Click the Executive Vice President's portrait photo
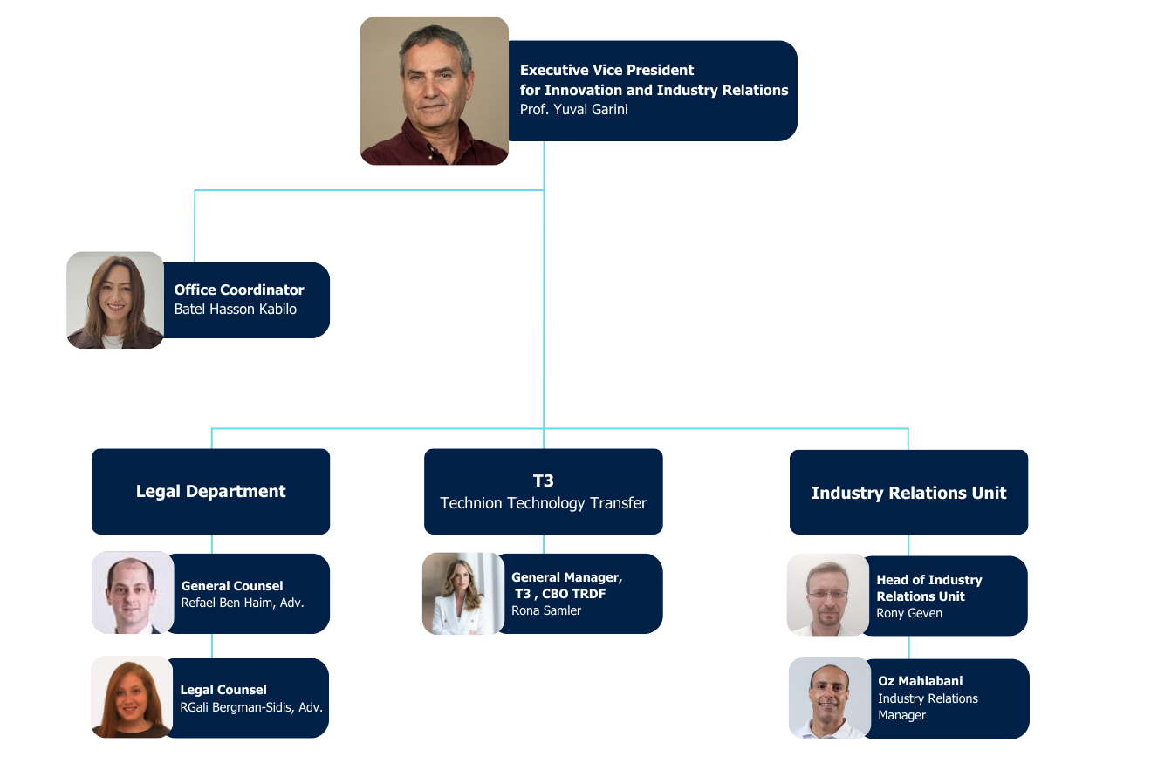(x=434, y=91)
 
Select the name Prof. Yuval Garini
(x=573, y=110)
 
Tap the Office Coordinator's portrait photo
(x=115, y=301)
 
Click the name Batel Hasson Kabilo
(x=236, y=309)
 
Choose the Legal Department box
(x=210, y=491)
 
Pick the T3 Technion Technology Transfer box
(x=543, y=491)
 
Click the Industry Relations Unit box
(x=908, y=493)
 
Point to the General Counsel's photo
(x=133, y=593)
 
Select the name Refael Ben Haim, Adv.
(x=243, y=603)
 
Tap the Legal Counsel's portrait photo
(x=132, y=697)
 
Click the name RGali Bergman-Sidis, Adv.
(x=251, y=706)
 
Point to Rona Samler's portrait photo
(x=463, y=594)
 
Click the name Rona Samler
(x=546, y=610)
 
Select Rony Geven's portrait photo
(x=828, y=595)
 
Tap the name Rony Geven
(x=909, y=613)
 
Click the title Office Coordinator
(x=239, y=290)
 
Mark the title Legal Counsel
(x=223, y=690)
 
